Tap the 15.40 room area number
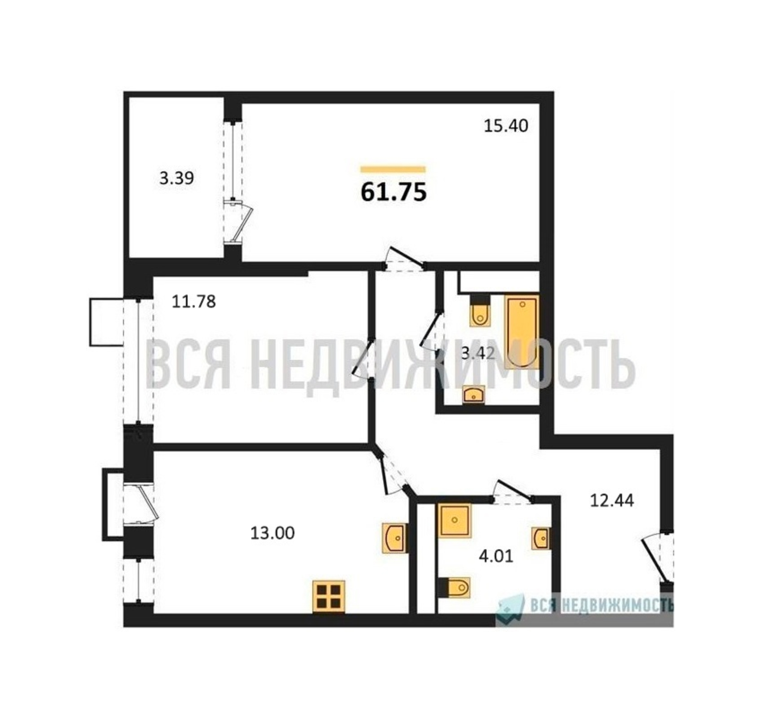(x=506, y=126)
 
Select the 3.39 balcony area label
(x=177, y=178)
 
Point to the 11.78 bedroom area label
(x=194, y=302)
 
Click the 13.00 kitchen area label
(x=273, y=533)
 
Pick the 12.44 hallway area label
(x=612, y=500)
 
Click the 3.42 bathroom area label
(x=478, y=354)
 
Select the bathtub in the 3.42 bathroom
(x=522, y=332)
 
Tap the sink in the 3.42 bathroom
(x=474, y=395)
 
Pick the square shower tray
(x=455, y=520)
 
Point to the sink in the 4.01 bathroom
(x=541, y=538)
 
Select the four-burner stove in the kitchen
(x=329, y=597)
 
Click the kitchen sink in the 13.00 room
(x=394, y=538)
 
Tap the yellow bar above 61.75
(x=393, y=169)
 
